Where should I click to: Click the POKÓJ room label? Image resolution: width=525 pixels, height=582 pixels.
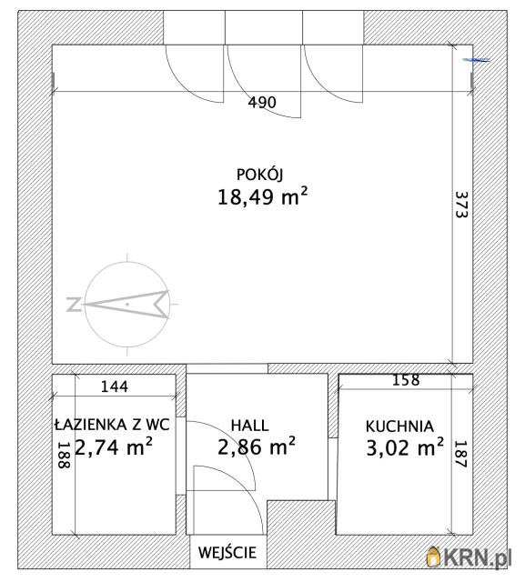pos(259,175)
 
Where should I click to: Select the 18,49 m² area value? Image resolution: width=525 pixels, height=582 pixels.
pos(262,196)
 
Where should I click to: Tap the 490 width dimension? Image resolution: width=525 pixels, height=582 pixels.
pos(262,102)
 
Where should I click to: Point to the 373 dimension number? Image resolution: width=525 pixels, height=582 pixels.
pos(461,205)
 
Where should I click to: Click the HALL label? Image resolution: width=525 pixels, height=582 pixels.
pos(249,426)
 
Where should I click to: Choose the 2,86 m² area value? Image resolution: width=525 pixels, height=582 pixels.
pos(257,446)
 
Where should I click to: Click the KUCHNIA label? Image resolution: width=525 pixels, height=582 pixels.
pos(399,426)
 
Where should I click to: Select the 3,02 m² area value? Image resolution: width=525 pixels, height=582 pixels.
pos(405,447)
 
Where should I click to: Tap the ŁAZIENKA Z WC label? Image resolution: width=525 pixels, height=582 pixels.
pos(112,425)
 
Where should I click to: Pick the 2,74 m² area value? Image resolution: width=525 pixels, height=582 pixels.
pos(114,447)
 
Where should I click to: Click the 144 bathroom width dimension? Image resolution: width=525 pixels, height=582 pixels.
pos(115,386)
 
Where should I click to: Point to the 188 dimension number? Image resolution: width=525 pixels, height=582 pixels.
pos(65,455)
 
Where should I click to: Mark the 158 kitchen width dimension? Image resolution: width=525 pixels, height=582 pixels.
pos(406,380)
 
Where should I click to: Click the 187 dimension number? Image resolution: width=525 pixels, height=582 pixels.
pos(460,454)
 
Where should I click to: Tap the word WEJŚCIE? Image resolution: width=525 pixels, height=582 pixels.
pos(227,552)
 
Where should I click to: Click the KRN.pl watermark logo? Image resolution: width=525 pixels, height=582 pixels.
pos(469,557)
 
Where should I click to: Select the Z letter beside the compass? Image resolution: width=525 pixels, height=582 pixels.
pos(74,305)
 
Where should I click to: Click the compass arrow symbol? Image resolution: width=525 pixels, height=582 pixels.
pos(127,305)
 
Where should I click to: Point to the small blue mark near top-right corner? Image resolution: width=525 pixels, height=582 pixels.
pos(477,60)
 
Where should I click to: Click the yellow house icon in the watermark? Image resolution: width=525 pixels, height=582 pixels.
pos(433,557)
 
